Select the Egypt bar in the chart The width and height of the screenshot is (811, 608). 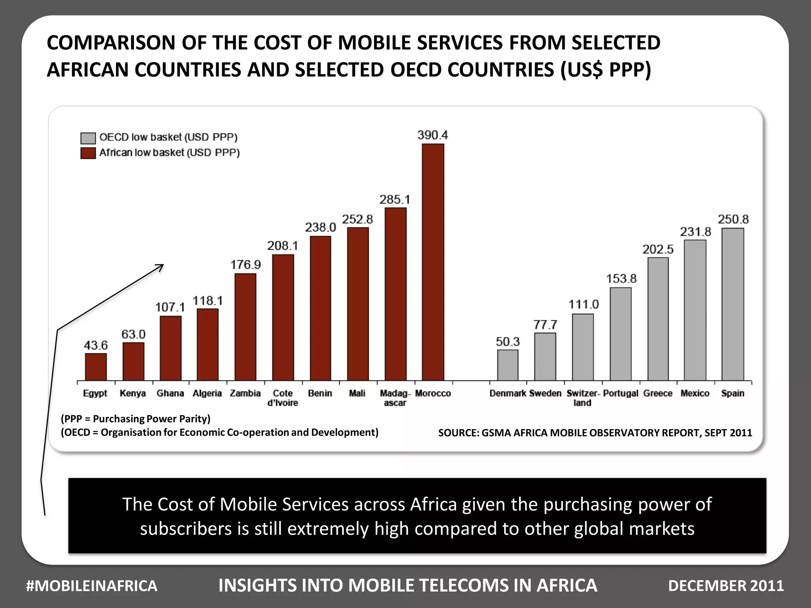[x=96, y=367]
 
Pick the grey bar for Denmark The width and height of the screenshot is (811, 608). [x=508, y=365]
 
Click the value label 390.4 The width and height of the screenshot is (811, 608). [x=433, y=135]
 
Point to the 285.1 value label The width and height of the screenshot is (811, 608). [x=395, y=199]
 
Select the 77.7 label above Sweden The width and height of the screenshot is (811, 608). [x=545, y=325]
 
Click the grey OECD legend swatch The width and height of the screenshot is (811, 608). [x=88, y=138]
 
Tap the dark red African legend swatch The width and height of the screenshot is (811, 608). [x=88, y=153]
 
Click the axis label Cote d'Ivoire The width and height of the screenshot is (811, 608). [x=283, y=398]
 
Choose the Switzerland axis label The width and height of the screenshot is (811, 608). [x=583, y=398]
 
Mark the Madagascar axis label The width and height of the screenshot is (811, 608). [x=395, y=398]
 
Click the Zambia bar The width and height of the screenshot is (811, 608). [x=245, y=327]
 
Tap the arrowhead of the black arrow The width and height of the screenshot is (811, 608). [x=161, y=266]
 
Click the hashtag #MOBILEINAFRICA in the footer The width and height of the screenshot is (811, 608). [x=91, y=586]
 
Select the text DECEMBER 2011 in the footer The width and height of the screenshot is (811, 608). [x=726, y=586]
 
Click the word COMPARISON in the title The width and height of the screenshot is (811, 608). [x=112, y=43]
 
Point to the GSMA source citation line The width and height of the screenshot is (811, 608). [x=595, y=433]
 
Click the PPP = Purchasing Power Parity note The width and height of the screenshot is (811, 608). [x=136, y=419]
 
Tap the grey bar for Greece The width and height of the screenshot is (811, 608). [x=658, y=319]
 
